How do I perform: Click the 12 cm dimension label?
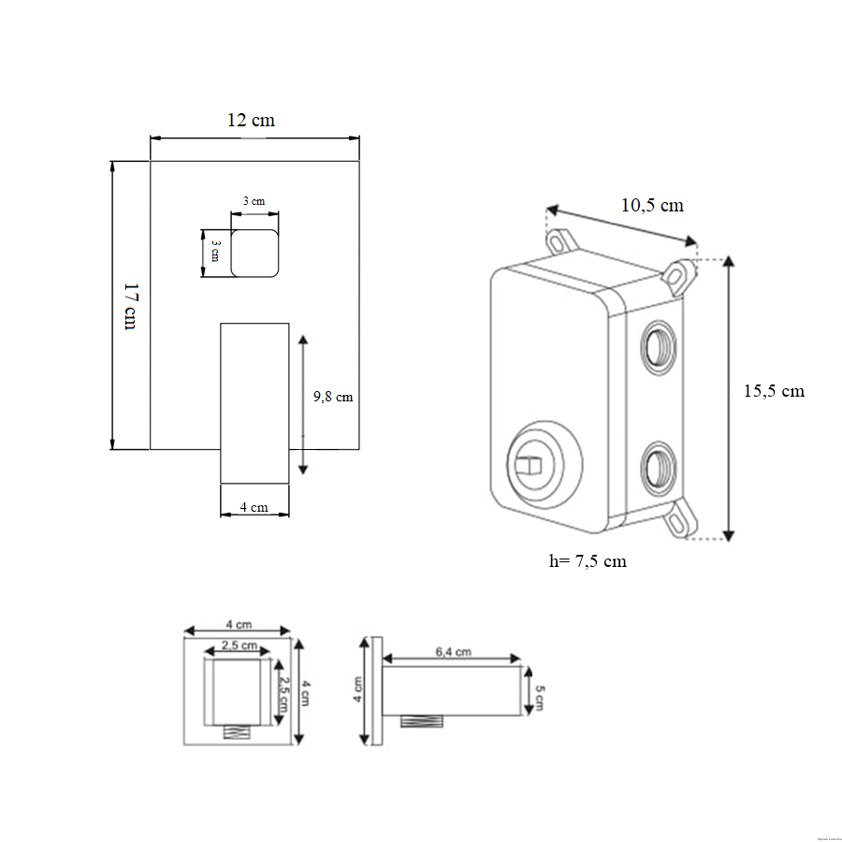pyautogui.click(x=252, y=121)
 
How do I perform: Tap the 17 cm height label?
pyautogui.click(x=130, y=306)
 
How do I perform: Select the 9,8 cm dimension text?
pyautogui.click(x=333, y=397)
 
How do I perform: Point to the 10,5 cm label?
pyautogui.click(x=653, y=205)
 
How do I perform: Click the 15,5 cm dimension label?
pyautogui.click(x=774, y=391)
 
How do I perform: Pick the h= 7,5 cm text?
pyautogui.click(x=588, y=561)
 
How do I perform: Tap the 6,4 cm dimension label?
pyautogui.click(x=453, y=652)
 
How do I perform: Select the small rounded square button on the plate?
pyautogui.click(x=254, y=254)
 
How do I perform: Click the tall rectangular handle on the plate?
pyautogui.click(x=254, y=402)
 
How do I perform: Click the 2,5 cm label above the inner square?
pyautogui.click(x=239, y=646)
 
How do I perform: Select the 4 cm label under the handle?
pyautogui.click(x=254, y=507)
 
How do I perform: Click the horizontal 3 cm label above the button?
pyautogui.click(x=254, y=202)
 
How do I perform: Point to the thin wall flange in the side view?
pyautogui.click(x=377, y=691)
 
